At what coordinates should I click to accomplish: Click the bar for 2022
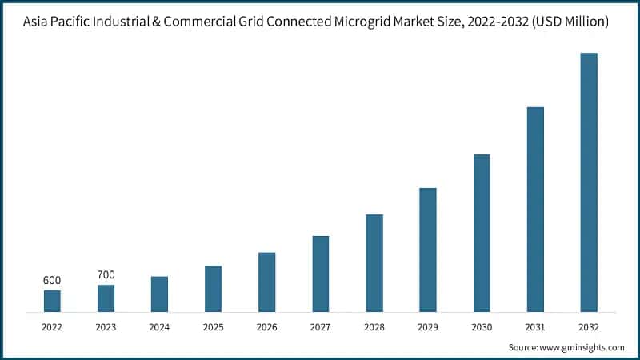pyautogui.click(x=52, y=301)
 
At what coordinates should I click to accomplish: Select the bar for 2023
pyautogui.click(x=106, y=298)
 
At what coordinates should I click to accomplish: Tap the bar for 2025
pyautogui.click(x=213, y=289)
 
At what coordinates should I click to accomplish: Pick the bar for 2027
pyautogui.click(x=321, y=274)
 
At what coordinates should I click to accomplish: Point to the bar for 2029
pyautogui.click(x=428, y=250)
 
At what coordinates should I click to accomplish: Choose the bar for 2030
pyautogui.click(x=482, y=233)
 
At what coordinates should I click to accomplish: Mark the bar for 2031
pyautogui.click(x=535, y=209)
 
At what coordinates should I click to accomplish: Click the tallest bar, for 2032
pyautogui.click(x=589, y=182)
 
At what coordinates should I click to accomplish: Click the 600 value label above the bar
pyautogui.click(x=52, y=280)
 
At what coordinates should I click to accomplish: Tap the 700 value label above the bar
pyautogui.click(x=106, y=275)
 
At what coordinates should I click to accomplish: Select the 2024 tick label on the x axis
pyautogui.click(x=159, y=327)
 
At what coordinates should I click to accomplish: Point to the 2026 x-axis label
pyautogui.click(x=266, y=327)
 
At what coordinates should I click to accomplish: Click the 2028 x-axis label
pyautogui.click(x=374, y=327)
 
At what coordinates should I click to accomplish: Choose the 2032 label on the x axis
pyautogui.click(x=589, y=327)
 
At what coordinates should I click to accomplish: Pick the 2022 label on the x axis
pyautogui.click(x=52, y=327)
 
